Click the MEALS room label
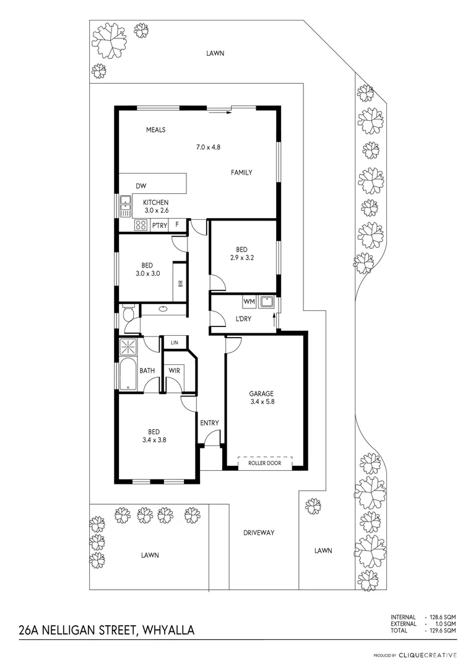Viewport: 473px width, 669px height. [155, 130]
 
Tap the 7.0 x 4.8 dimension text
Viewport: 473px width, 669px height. [208, 147]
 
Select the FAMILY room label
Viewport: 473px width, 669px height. [241, 173]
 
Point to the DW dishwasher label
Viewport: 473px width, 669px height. [141, 185]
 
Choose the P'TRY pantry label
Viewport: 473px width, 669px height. [159, 225]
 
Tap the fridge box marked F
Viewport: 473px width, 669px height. [177, 225]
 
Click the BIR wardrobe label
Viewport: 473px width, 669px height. [180, 284]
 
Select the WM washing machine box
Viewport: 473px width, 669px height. [250, 302]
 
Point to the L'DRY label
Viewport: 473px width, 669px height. [243, 319]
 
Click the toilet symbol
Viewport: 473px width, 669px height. [128, 314]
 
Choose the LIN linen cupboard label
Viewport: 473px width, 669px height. [175, 342]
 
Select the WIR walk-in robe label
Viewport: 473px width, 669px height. [175, 370]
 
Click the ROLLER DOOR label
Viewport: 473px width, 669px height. [264, 463]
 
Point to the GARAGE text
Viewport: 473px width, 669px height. [261, 393]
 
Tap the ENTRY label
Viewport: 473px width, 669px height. [209, 423]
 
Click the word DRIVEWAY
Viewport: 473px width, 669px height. [258, 533]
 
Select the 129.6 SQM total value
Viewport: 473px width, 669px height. [445, 630]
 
